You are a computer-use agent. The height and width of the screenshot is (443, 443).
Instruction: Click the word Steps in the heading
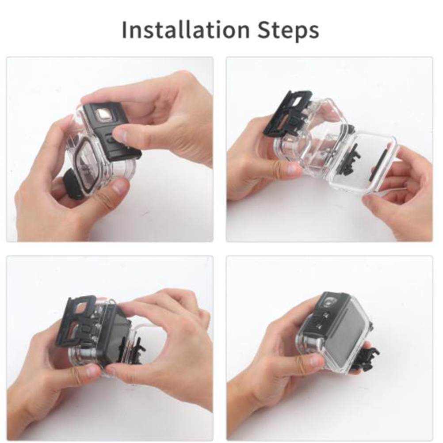pos(288,31)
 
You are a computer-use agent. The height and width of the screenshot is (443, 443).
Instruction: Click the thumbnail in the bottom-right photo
pos(317,360)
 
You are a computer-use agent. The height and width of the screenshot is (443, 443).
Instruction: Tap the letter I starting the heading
pos(124,30)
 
